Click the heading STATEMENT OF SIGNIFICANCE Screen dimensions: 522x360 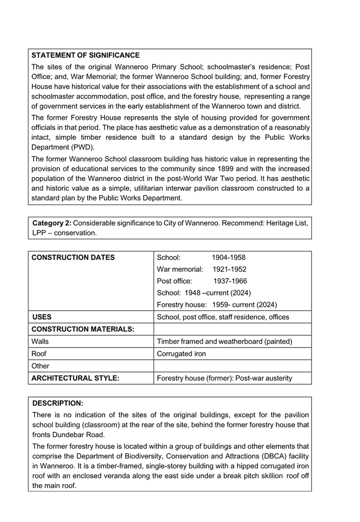click(85, 55)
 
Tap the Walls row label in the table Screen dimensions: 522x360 click(41, 342)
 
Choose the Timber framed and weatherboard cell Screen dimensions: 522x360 click(225, 342)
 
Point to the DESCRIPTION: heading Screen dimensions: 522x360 click(57, 403)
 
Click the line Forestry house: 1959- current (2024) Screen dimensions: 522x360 click(217, 305)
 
